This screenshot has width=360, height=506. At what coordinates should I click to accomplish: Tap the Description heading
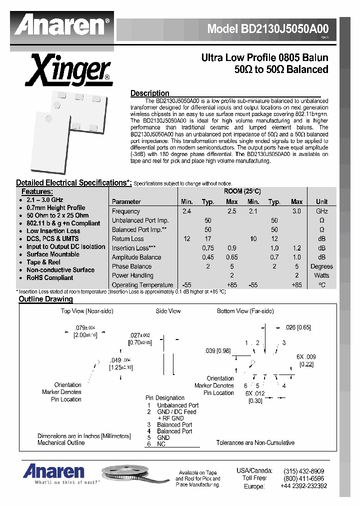coord(149,93)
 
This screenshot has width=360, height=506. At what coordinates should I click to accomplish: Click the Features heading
coord(37,191)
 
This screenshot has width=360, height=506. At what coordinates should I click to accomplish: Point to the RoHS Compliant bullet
coord(49,277)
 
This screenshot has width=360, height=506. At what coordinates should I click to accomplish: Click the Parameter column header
coord(126,201)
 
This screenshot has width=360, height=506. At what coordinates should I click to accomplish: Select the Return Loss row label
coord(128,239)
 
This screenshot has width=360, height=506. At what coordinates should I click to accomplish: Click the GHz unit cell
coord(321,211)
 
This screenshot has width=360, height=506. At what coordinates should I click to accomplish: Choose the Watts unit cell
coord(321,275)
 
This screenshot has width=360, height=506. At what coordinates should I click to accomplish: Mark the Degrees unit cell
coord(321,266)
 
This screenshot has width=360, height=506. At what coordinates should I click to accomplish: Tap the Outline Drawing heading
coord(45,299)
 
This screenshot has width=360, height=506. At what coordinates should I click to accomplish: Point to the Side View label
coord(168,311)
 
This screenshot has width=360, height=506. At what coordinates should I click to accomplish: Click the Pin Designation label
coord(165,398)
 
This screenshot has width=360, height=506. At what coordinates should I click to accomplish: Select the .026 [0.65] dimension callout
coord(297,327)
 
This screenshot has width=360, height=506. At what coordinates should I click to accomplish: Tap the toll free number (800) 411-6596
coord(303,478)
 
